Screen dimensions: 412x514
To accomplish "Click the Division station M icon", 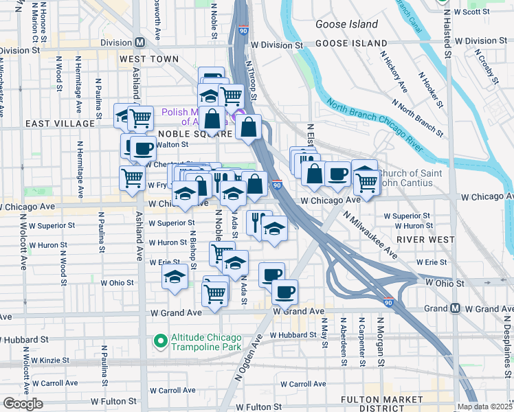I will click(140, 42).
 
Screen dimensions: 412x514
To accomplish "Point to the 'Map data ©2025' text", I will click(484, 407).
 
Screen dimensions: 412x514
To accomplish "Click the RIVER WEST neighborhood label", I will click(425, 240).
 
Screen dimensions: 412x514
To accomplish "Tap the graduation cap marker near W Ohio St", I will click(175, 278).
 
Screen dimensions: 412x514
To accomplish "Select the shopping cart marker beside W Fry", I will click(131, 178).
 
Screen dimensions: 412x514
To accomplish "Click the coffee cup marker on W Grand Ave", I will click(284, 292).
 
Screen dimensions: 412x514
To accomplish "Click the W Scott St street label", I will click(479, 12).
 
